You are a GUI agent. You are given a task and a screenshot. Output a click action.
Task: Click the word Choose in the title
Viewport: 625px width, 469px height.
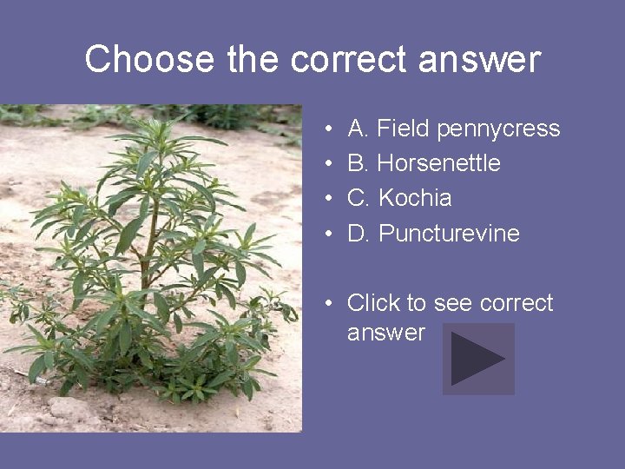click(x=149, y=60)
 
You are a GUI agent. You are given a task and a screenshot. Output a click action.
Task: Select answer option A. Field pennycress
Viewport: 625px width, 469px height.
click(x=453, y=129)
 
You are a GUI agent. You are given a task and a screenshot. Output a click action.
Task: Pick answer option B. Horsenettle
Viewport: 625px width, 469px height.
click(x=424, y=163)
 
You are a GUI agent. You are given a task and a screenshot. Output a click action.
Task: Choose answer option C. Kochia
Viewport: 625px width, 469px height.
click(x=399, y=198)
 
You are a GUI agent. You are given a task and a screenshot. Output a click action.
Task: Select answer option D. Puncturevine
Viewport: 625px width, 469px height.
click(x=433, y=233)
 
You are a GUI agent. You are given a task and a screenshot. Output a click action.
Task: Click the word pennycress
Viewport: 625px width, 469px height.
click(x=499, y=129)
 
